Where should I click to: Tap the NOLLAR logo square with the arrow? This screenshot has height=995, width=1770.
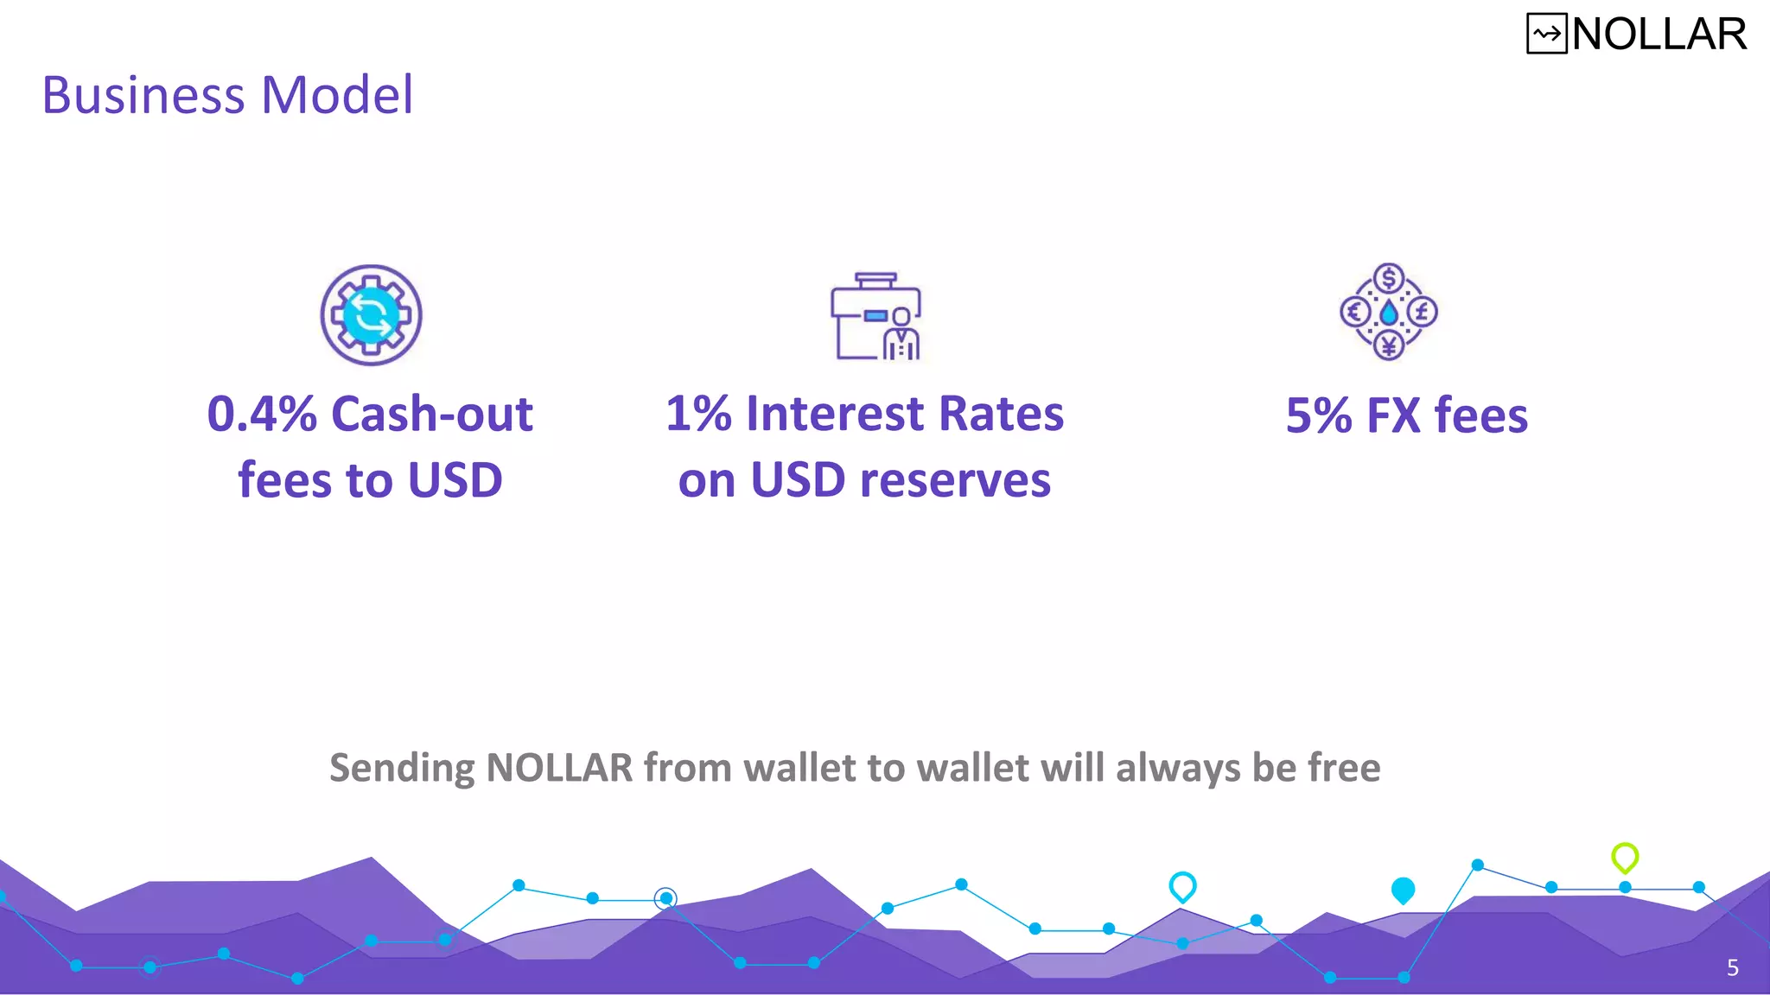(1546, 35)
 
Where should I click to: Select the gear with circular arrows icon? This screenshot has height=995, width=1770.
(371, 315)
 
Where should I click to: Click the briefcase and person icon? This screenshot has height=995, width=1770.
(875, 316)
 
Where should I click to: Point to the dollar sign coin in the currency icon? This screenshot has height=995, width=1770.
(1389, 279)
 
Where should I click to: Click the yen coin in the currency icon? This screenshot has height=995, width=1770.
(1389, 346)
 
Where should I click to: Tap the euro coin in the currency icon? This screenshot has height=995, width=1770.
(1355, 312)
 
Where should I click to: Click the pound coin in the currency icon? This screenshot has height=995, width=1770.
(1423, 312)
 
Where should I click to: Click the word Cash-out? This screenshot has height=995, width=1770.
(432, 414)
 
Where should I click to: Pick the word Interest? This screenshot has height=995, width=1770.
(835, 414)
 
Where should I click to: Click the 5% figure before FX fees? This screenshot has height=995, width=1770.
(1319, 415)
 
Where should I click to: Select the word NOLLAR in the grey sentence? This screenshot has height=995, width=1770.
(560, 767)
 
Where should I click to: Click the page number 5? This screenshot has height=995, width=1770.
(1732, 967)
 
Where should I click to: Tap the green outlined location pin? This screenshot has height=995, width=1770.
(1625, 857)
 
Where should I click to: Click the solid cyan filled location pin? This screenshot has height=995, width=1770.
(1403, 890)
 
